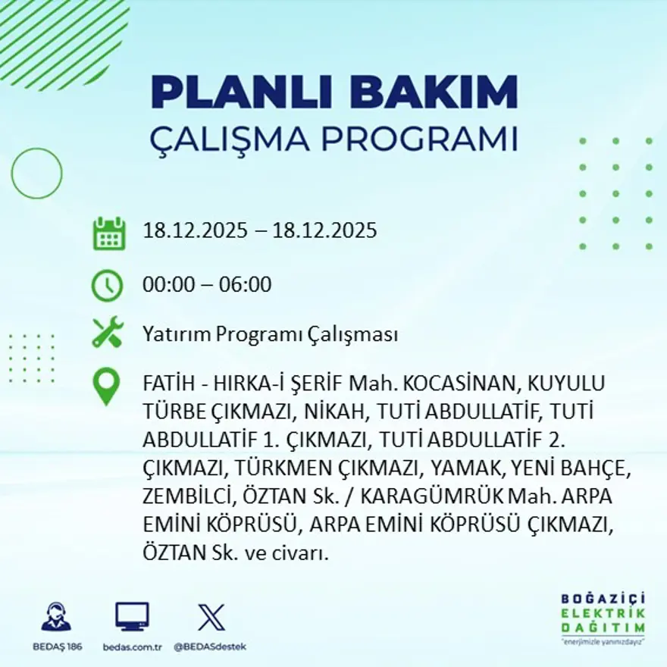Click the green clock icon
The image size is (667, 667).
[x=107, y=286]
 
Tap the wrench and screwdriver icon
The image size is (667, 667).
[x=107, y=333]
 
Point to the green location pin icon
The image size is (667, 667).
[x=106, y=386]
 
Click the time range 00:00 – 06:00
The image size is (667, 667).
[x=207, y=285]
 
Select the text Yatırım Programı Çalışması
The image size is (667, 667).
[x=271, y=334]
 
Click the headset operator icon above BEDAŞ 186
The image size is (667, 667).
[x=56, y=616]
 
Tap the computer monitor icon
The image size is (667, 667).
[x=132, y=617]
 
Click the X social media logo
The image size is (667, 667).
[x=211, y=617]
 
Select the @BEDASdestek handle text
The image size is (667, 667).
[x=210, y=647]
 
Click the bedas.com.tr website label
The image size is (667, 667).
[x=132, y=647]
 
